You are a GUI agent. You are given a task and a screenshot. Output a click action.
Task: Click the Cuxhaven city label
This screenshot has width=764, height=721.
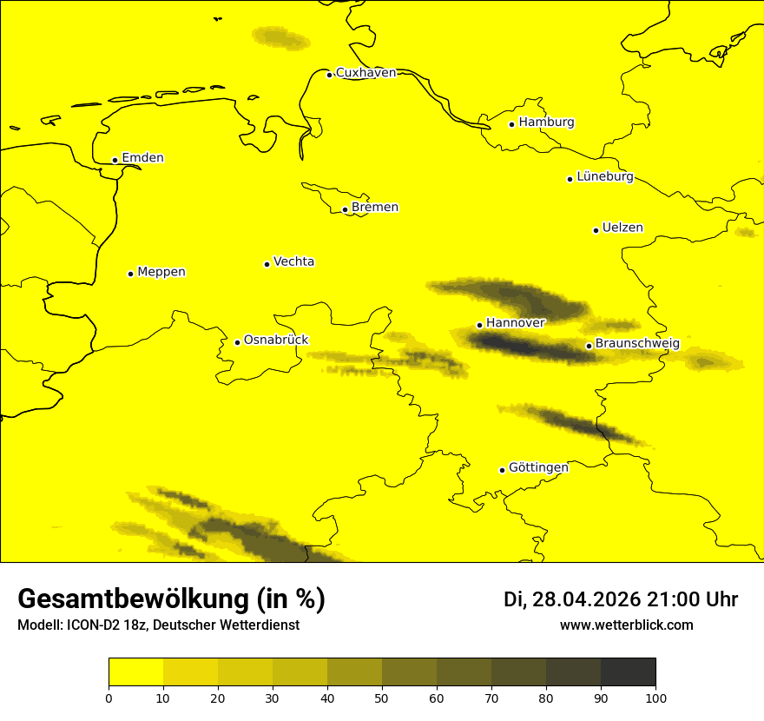pyautogui.click(x=366, y=73)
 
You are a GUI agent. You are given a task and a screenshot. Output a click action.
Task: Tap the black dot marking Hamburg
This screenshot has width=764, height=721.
pyautogui.click(x=512, y=124)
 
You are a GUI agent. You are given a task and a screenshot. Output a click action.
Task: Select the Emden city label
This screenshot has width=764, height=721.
pyautogui.click(x=142, y=158)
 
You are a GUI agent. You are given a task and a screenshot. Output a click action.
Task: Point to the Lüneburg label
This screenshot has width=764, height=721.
pyautogui.click(x=604, y=177)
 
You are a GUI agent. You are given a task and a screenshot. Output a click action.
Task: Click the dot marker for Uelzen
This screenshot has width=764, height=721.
pyautogui.click(x=596, y=230)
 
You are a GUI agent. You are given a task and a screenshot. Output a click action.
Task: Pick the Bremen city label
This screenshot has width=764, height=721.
pyautogui.click(x=375, y=208)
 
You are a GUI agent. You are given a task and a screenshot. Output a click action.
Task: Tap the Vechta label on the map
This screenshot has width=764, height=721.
pyautogui.click(x=293, y=261)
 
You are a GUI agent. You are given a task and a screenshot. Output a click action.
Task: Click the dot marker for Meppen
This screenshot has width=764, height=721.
pyautogui.click(x=131, y=274)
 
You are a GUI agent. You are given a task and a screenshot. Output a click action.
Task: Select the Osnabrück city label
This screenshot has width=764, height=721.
pyautogui.click(x=276, y=341)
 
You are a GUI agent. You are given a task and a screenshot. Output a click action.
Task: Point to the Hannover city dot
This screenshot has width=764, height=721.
pyautogui.click(x=479, y=325)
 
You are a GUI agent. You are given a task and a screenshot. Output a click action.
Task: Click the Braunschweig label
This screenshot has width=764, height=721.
pyautogui.click(x=637, y=344)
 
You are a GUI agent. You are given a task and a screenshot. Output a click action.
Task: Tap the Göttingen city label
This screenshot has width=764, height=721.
pyautogui.click(x=538, y=468)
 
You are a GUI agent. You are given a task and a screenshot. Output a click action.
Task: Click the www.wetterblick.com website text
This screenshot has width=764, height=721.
pyautogui.click(x=627, y=625)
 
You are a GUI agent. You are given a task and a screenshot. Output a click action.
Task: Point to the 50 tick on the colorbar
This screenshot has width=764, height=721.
pyautogui.click(x=382, y=698)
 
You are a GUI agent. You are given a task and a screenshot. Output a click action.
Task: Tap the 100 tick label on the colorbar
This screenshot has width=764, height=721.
pyautogui.click(x=655, y=698)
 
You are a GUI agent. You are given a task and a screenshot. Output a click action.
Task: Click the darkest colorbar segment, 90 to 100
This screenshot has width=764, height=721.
pyautogui.click(x=628, y=671)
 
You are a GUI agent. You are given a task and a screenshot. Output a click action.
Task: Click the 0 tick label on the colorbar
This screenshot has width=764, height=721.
pyautogui.click(x=109, y=698)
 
